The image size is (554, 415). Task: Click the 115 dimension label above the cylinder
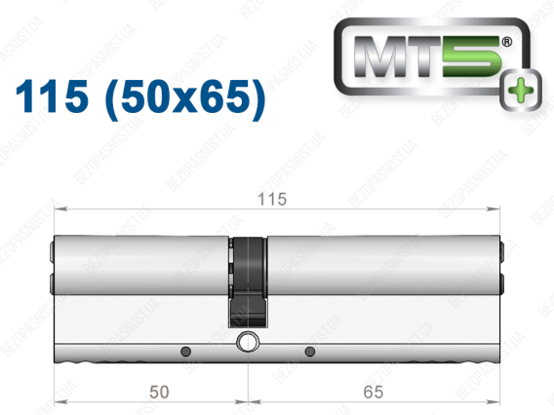click(272, 200)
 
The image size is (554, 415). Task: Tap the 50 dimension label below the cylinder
click(159, 392)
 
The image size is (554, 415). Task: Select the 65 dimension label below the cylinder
click(374, 392)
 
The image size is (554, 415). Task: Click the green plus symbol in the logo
click(522, 90)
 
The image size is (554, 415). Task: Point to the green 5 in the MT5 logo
click(472, 57)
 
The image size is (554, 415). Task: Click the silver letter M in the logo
click(382, 57)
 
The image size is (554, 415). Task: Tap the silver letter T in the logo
click(426, 57)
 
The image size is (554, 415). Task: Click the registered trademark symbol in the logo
click(506, 42)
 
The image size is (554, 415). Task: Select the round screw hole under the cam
click(248, 342)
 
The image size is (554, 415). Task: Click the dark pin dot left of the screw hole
click(186, 352)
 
